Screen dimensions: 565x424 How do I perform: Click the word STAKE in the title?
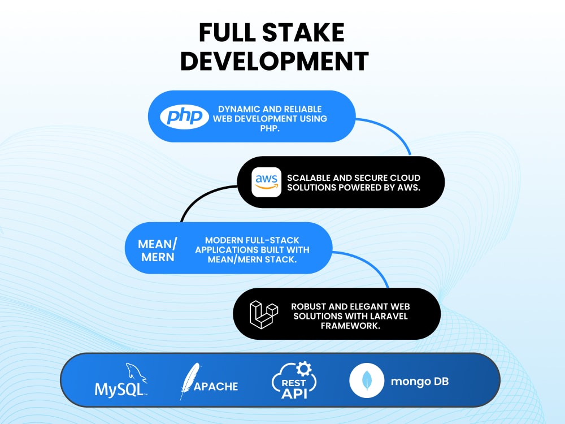click(303, 32)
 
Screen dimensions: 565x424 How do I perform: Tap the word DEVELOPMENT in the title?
click(275, 61)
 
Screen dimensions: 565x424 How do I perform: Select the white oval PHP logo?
click(184, 116)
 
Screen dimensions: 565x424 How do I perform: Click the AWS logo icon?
click(266, 182)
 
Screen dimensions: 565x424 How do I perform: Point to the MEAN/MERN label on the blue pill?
click(158, 250)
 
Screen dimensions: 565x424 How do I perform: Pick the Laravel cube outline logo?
click(264, 314)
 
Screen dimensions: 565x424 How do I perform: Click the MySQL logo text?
click(121, 390)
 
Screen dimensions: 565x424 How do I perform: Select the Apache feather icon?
click(190, 380)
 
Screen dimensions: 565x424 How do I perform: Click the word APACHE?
click(216, 387)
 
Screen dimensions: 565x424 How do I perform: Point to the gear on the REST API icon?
click(304, 369)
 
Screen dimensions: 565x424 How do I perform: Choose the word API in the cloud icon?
click(294, 393)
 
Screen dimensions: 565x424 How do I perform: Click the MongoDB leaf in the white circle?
click(367, 380)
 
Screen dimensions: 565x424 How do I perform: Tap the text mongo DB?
click(420, 382)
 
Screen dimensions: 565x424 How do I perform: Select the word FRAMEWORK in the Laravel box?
click(351, 326)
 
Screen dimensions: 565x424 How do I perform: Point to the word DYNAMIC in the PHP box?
click(239, 109)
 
